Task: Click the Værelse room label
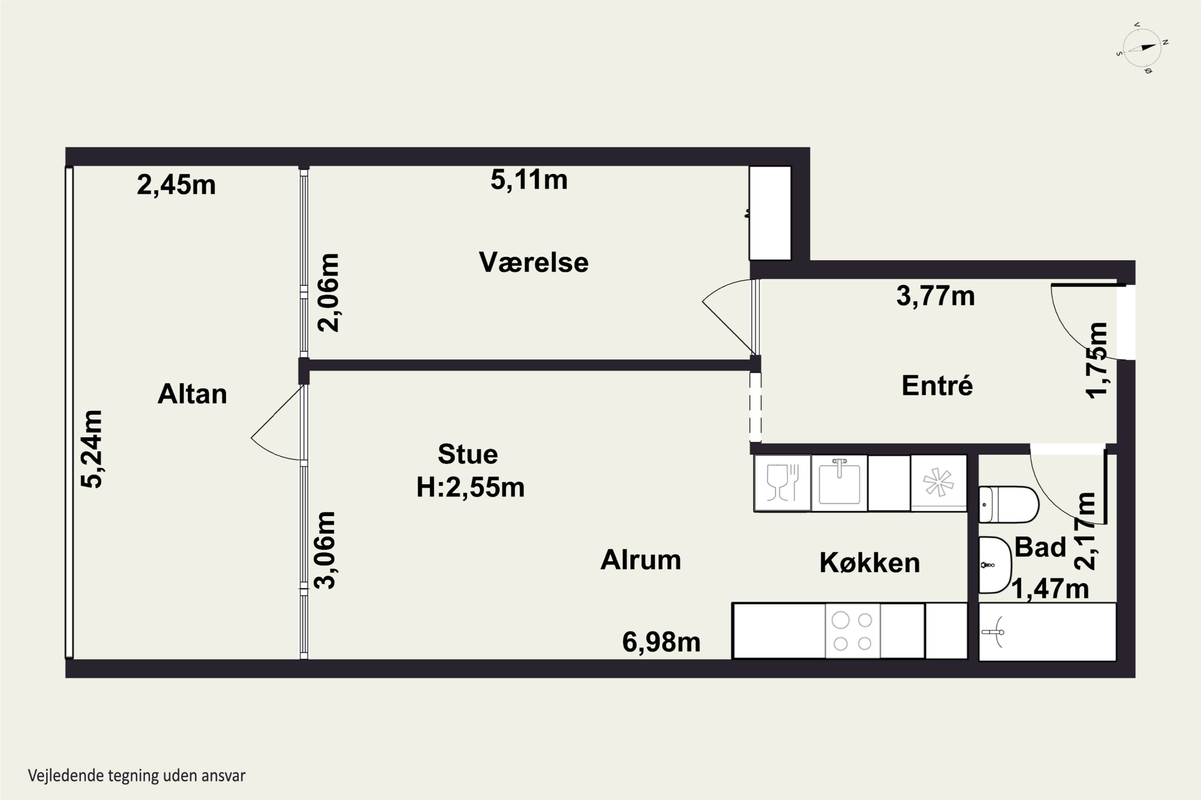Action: point(534,262)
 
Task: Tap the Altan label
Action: point(192,394)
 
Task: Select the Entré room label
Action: point(937,385)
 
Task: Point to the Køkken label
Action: point(870,562)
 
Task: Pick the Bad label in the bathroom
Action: point(1040,547)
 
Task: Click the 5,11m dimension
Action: point(529,180)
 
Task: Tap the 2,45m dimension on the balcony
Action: point(176,185)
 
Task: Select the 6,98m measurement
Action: point(661,642)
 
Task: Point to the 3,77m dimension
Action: point(936,296)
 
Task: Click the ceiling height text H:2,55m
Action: point(470,487)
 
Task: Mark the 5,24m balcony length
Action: point(92,449)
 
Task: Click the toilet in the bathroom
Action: point(1008,504)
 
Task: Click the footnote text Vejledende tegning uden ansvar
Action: point(137,776)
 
